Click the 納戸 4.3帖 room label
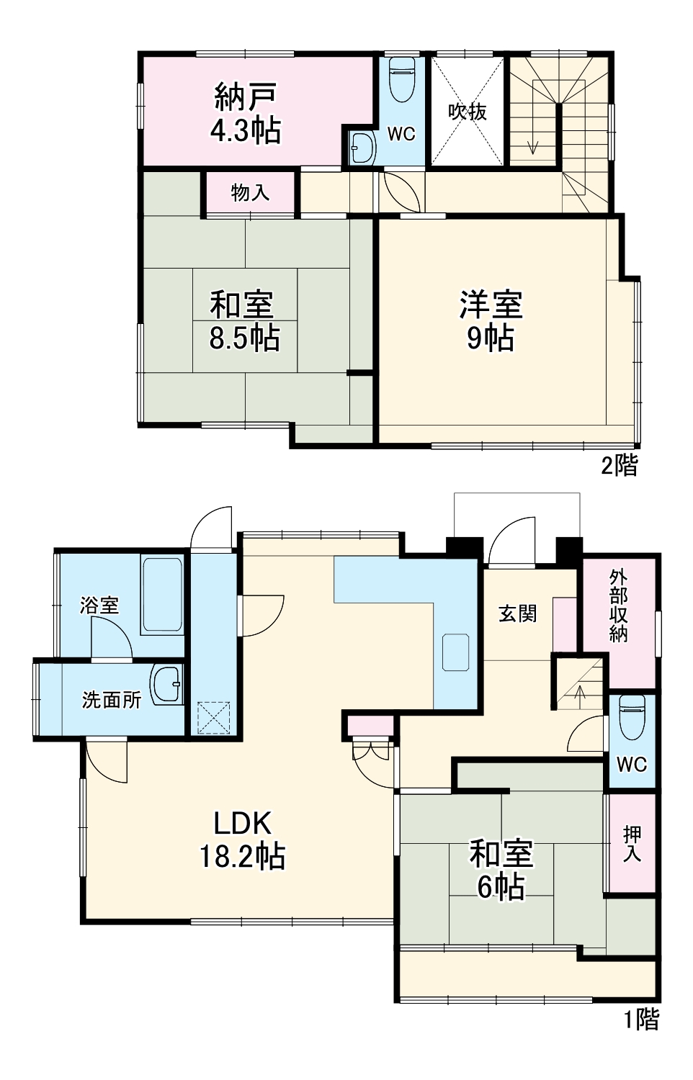point(246,113)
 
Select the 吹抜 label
point(468,112)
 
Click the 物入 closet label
point(250,192)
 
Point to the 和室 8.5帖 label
point(243,320)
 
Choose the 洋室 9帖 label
point(491,320)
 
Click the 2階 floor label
point(619,465)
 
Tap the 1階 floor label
point(640,1019)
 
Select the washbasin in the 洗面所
point(166,684)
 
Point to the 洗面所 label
point(111,699)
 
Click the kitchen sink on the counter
point(455,652)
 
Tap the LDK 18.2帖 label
point(242,840)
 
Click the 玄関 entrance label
point(517,613)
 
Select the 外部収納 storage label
point(618,606)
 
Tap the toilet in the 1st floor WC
point(631,717)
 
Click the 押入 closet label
point(632,844)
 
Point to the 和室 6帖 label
point(501,870)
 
